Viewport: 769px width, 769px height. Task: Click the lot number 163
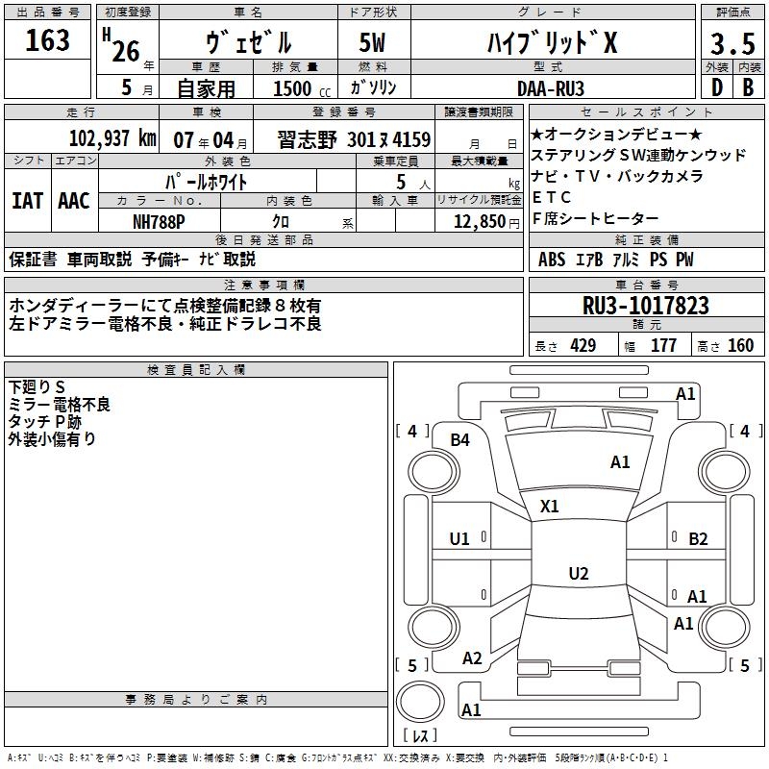[x=48, y=41]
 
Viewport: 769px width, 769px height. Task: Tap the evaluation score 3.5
[x=732, y=44]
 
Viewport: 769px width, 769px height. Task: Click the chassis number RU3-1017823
[x=646, y=307]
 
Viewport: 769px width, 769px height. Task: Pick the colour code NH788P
[x=160, y=220]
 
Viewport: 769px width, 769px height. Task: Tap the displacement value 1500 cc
[x=300, y=88]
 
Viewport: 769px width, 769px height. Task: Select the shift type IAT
[x=28, y=201]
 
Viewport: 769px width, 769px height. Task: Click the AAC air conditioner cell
[x=74, y=201]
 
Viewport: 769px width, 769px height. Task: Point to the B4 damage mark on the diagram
[x=460, y=440]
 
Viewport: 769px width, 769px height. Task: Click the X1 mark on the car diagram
[x=550, y=506]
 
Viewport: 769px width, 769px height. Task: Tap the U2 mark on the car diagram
[x=578, y=574]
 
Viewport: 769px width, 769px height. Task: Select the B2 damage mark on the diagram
[x=698, y=539]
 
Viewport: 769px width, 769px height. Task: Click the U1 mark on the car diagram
[x=460, y=539]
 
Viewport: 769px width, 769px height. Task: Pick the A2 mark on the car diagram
[x=472, y=658]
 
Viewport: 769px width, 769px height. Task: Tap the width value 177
[x=663, y=346]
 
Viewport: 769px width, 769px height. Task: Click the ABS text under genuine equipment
[x=552, y=260]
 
